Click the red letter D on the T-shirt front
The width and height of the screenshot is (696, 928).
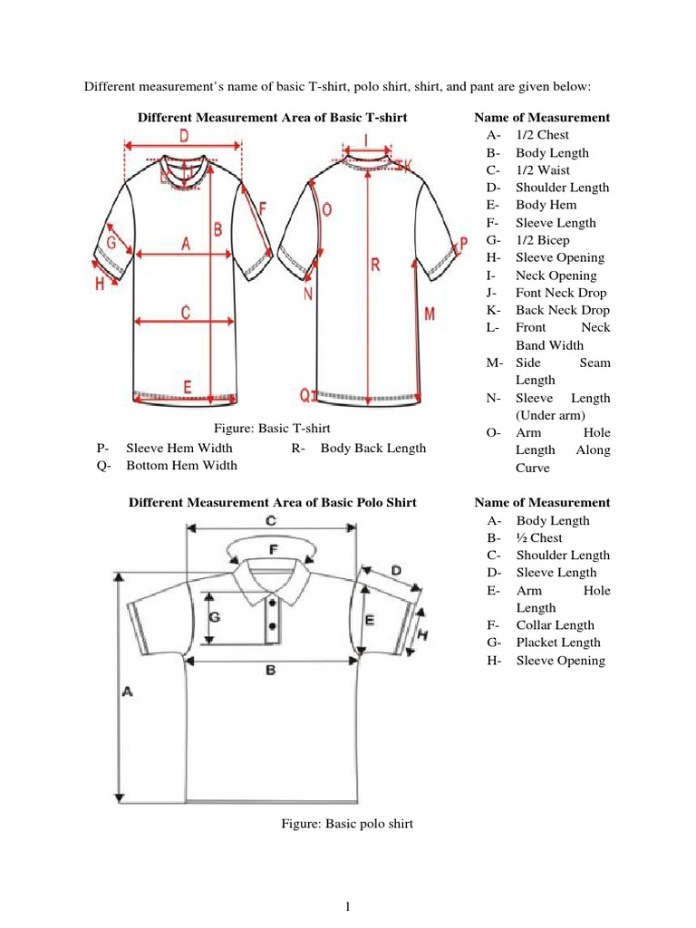click(x=183, y=136)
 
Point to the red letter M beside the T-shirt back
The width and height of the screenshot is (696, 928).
click(x=429, y=313)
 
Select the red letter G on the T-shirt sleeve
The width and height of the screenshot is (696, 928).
click(x=111, y=242)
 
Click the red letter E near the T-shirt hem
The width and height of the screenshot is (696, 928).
click(x=187, y=387)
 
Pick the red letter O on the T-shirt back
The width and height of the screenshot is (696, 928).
click(x=327, y=209)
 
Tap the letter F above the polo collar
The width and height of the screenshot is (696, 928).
click(x=274, y=549)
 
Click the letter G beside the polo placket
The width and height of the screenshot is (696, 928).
click(x=215, y=617)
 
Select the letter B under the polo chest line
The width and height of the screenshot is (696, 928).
click(x=270, y=671)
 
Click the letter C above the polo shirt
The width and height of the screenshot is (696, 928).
click(x=270, y=520)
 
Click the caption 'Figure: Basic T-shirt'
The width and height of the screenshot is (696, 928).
click(x=271, y=428)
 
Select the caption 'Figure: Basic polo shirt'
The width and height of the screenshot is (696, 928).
click(x=348, y=824)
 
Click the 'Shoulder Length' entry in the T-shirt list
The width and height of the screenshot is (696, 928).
click(x=562, y=188)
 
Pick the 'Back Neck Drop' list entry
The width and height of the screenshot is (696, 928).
click(x=562, y=310)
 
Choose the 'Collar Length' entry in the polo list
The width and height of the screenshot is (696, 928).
click(x=556, y=625)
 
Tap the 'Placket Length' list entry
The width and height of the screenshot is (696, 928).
click(x=558, y=643)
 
